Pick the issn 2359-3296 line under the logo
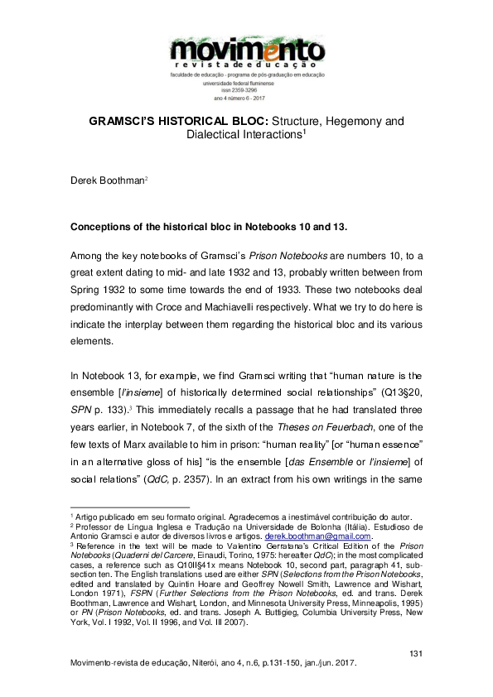click(x=246, y=90)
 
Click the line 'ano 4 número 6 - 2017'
click(x=246, y=98)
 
